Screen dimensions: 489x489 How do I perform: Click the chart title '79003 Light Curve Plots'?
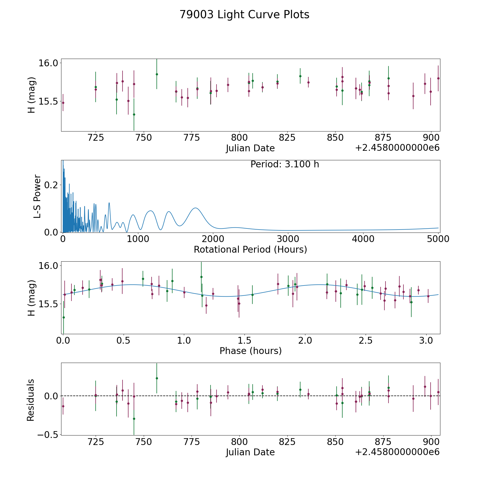[x=244, y=15]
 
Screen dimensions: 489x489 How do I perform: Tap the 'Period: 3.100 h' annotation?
[x=285, y=164]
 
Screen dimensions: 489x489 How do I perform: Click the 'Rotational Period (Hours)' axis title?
[x=250, y=249]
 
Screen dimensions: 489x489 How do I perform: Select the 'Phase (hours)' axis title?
[x=250, y=351]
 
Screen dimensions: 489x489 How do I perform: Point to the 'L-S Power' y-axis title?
[x=37, y=196]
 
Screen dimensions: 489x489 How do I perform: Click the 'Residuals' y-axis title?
[x=30, y=400]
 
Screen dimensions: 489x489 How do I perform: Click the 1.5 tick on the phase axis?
[x=244, y=340]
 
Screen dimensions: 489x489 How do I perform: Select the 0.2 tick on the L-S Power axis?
[x=52, y=185]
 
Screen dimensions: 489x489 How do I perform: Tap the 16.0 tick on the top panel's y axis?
[x=48, y=63]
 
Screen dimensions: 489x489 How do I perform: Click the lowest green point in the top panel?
[x=134, y=114]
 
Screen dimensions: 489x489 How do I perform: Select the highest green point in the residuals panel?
[x=157, y=378]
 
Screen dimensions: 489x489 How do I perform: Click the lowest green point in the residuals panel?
[x=134, y=419]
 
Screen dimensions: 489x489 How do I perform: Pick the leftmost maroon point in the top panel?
[x=63, y=103]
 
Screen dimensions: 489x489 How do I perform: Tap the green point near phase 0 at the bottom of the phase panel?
[x=64, y=317]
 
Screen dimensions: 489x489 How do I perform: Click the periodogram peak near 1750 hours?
[x=195, y=208]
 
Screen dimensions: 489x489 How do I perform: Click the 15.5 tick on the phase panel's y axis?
[x=48, y=304]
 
